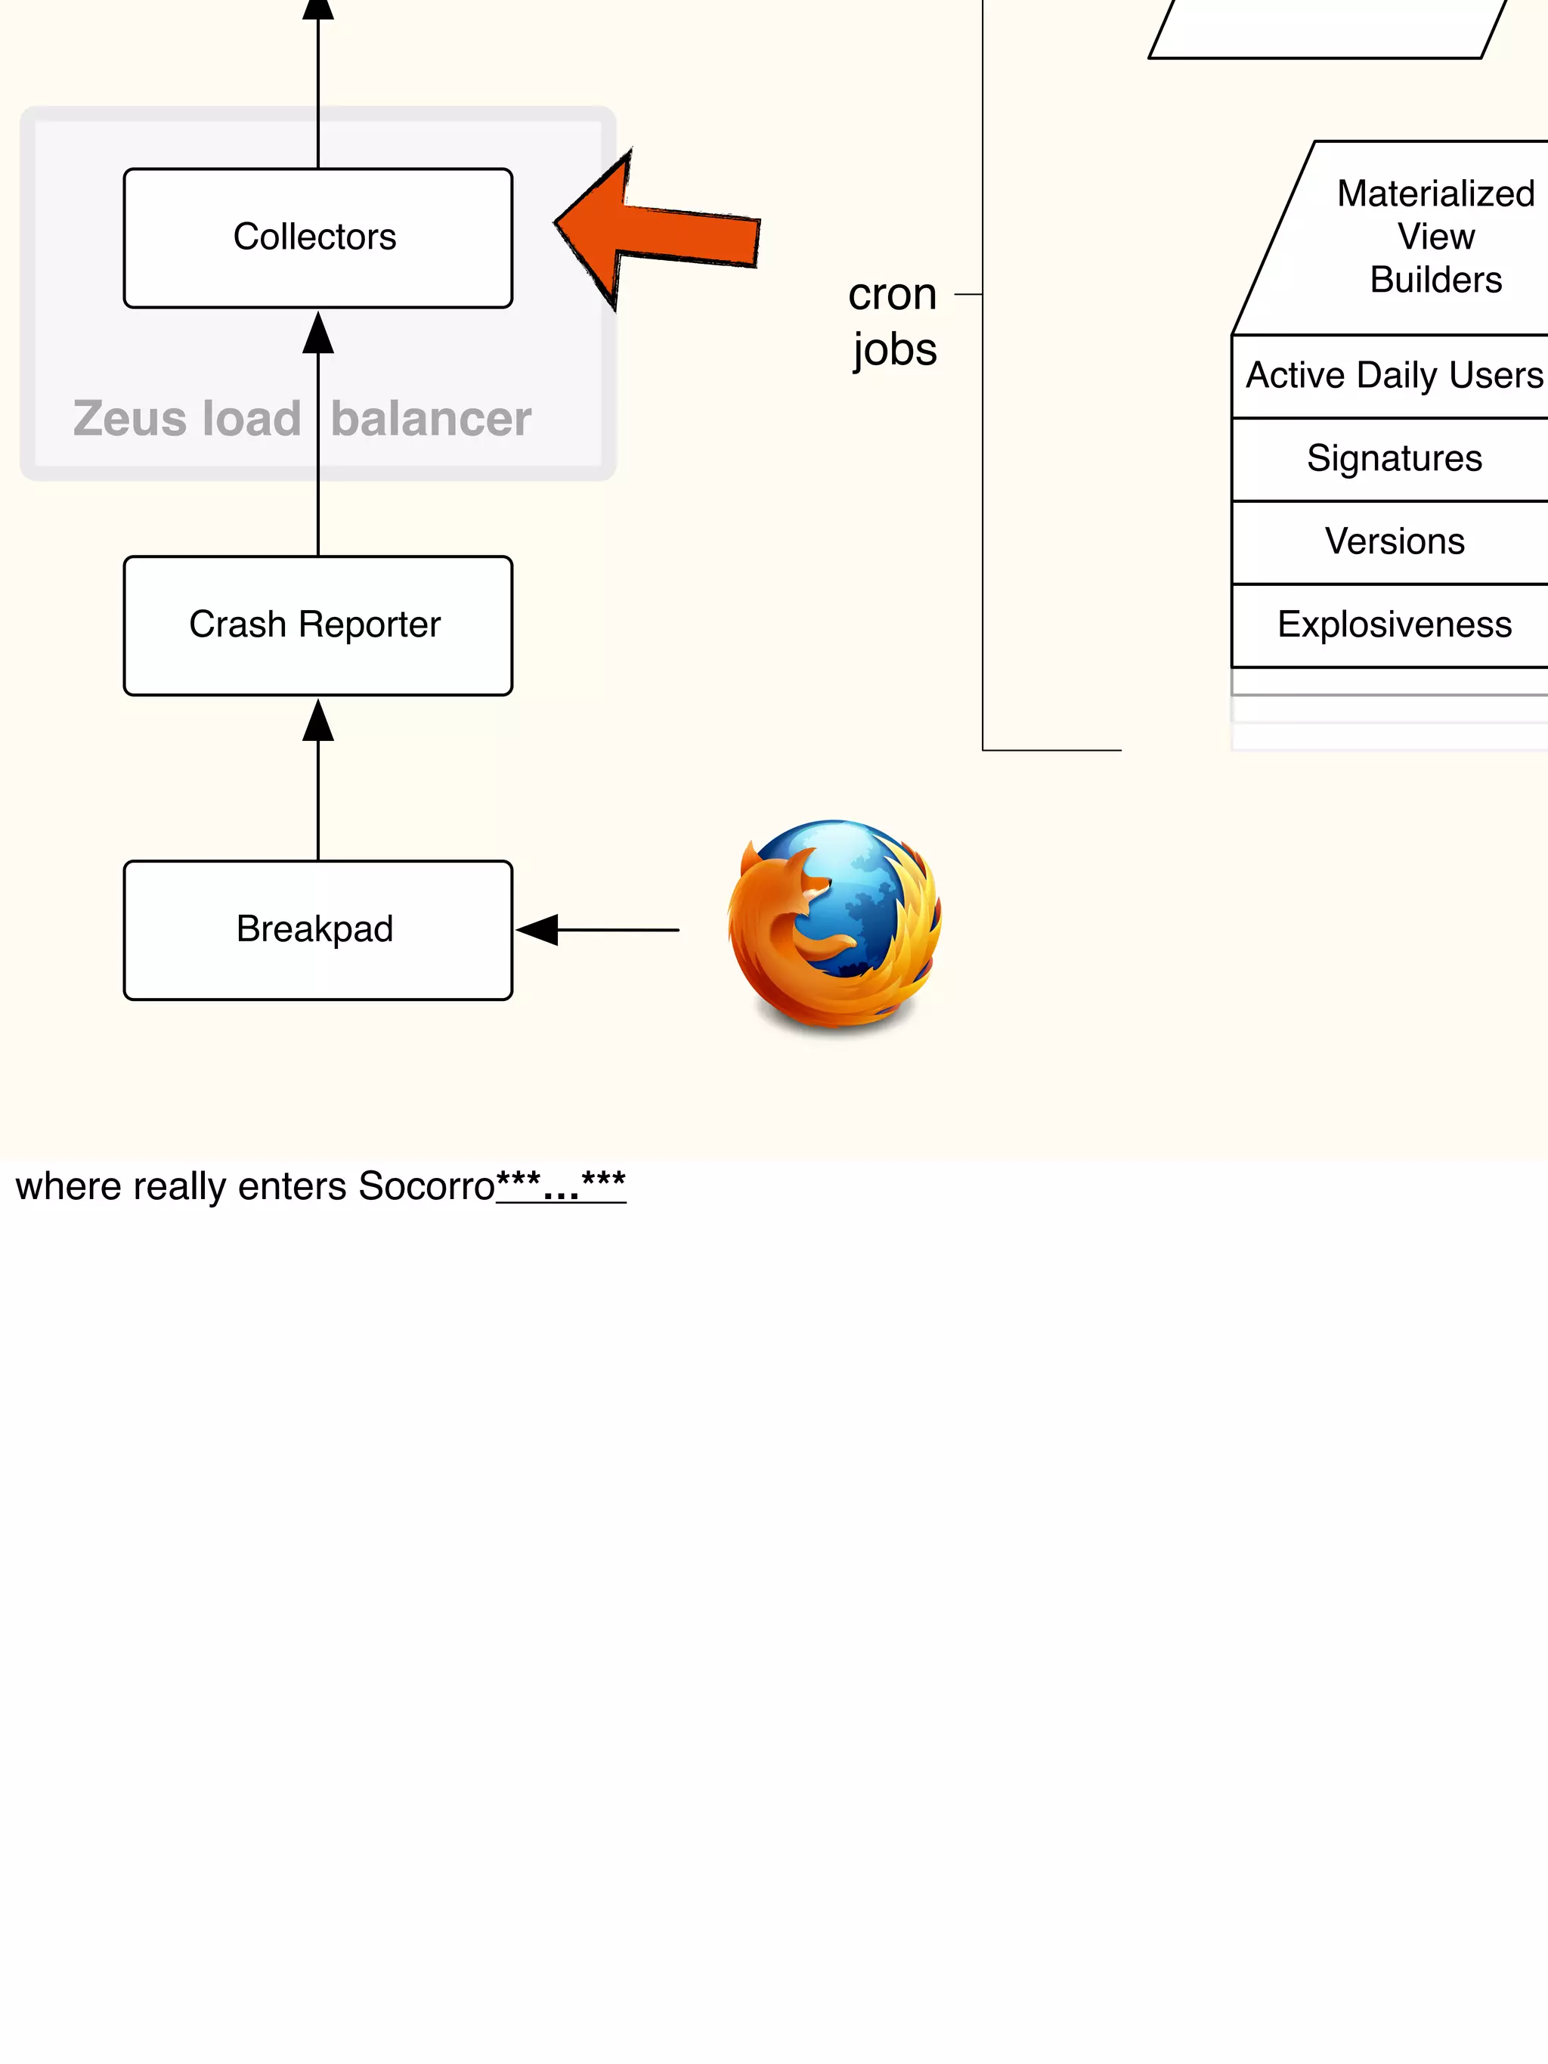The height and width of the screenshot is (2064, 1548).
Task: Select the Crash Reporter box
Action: [x=317, y=625]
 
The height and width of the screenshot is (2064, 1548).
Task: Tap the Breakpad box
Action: [x=317, y=929]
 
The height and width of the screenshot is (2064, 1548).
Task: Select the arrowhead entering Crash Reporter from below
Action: [x=318, y=720]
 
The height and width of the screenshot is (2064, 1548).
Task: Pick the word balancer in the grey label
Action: [x=431, y=418]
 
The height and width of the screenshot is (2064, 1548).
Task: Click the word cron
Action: [x=892, y=295]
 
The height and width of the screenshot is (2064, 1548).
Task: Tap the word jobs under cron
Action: [x=894, y=350]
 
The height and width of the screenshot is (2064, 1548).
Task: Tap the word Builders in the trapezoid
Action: [x=1435, y=280]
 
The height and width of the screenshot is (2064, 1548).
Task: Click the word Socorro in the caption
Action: [x=426, y=1186]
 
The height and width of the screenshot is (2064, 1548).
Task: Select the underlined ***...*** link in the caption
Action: [x=561, y=1186]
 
